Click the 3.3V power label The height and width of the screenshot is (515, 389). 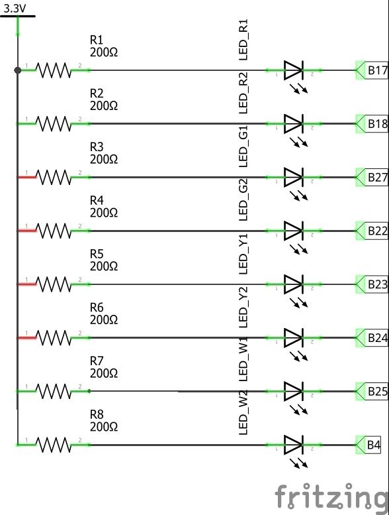coord(15,9)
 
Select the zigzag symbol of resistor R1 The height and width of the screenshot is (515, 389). coord(54,70)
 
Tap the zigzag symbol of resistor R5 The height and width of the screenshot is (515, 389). coord(54,284)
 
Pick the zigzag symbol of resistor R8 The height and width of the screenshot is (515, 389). coord(54,445)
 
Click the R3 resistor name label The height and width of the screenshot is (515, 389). coord(97,147)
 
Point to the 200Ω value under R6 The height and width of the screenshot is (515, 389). coord(104,319)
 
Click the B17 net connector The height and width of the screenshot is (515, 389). coord(372,70)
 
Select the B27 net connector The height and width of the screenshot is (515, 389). coord(372,178)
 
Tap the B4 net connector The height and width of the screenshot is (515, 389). coord(368,445)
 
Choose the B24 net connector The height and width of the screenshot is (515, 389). coord(372,337)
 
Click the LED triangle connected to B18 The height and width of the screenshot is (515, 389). coord(293,124)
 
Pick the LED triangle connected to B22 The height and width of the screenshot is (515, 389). coord(293,231)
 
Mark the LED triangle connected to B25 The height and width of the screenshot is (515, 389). coord(293,391)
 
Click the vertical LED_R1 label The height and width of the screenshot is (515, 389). coord(243,40)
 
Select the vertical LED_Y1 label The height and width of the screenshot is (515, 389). coord(243,254)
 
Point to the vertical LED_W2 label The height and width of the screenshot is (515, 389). coord(243,412)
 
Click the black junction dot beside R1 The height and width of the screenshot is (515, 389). coord(18,70)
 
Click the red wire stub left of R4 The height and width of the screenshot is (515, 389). coord(26,231)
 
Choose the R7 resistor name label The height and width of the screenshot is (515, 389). coord(97,361)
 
